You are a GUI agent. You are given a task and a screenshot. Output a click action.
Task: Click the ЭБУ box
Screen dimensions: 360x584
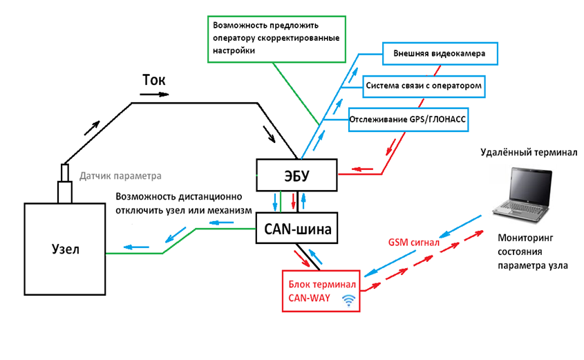coord(297,176)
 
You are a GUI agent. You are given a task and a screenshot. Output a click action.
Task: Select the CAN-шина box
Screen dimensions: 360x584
coord(297,227)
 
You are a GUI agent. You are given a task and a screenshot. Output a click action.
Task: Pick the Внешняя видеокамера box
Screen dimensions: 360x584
coord(440,53)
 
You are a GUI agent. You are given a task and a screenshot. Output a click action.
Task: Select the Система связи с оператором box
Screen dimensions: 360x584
coord(422,86)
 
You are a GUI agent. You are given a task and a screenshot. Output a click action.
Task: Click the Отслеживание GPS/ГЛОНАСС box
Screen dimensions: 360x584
coord(408,118)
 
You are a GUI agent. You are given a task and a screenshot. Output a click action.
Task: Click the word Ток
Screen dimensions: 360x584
coord(153,80)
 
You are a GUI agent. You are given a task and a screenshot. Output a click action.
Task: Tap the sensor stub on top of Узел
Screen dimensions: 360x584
coord(66,183)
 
